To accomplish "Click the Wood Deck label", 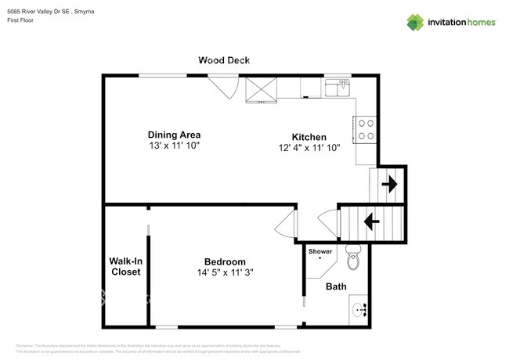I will tap(224, 60).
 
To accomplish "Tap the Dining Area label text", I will tap(175, 134).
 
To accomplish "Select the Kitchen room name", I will tap(309, 136).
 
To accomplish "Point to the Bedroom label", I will tap(225, 261).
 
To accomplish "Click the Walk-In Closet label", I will tap(125, 266).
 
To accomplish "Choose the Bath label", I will tap(336, 287).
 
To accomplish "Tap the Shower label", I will tap(320, 251).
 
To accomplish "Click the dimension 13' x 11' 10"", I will tap(175, 146).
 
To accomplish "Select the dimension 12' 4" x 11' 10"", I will tap(309, 148).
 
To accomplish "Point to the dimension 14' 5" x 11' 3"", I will tap(225, 273).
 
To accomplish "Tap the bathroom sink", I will tap(361, 309).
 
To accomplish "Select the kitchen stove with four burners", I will tap(365, 128).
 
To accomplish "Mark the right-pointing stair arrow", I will tap(388, 185).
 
